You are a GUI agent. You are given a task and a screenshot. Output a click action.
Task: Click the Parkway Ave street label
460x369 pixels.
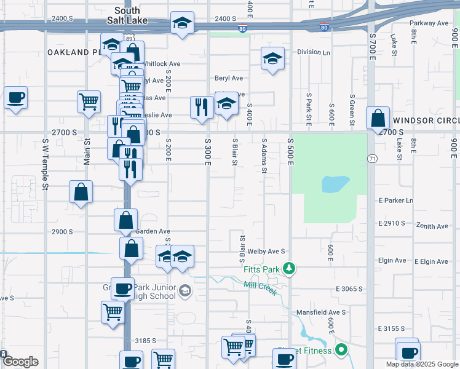point(430,23)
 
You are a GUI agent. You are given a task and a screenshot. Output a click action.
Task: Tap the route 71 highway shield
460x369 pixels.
point(373,159)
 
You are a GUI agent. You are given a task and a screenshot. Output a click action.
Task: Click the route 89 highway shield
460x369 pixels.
point(127,38)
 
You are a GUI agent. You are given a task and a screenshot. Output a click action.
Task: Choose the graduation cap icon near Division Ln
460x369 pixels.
point(272,59)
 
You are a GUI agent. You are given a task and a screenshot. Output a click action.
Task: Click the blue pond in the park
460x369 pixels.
point(335,183)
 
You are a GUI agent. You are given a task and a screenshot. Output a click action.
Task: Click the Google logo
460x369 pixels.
point(20,362)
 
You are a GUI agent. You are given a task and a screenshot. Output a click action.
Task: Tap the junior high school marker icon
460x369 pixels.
point(184,290)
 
